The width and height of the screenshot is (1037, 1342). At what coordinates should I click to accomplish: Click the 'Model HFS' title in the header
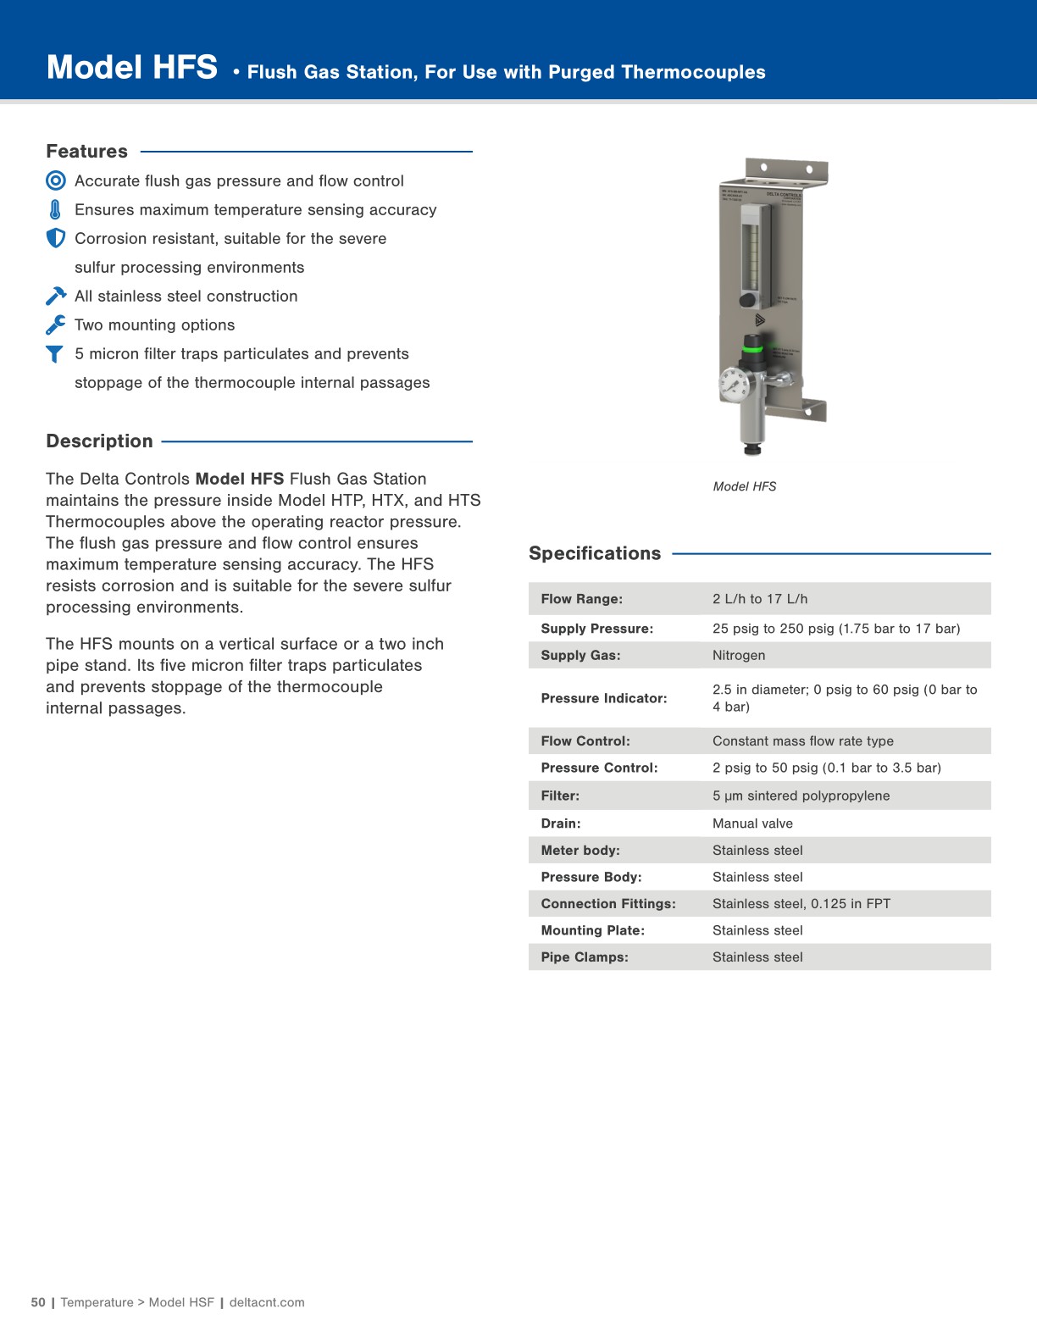tap(132, 68)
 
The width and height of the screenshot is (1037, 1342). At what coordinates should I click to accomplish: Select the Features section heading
tap(86, 152)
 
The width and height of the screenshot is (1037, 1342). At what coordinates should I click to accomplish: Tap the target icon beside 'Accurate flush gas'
tap(56, 180)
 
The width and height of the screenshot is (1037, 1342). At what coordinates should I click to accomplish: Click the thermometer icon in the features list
tap(56, 209)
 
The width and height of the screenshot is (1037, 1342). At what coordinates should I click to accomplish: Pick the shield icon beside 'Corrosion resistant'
tap(56, 238)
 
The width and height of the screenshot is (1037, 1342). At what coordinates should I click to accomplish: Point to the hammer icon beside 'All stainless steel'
tap(56, 296)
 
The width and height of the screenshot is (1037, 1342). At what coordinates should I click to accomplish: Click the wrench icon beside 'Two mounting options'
tap(56, 324)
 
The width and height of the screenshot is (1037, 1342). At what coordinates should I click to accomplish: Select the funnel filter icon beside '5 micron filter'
tap(55, 354)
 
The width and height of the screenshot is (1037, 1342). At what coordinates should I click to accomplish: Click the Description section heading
tap(99, 441)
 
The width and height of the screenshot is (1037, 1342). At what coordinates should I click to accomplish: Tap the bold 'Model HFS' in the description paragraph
tap(239, 479)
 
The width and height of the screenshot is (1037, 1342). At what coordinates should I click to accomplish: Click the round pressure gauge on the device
tap(734, 384)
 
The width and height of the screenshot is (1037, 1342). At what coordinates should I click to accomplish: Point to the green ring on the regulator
tap(753, 346)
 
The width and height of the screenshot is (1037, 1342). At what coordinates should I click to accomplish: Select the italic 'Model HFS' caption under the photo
tap(745, 486)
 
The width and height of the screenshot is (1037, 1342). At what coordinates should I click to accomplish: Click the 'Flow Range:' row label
tap(581, 599)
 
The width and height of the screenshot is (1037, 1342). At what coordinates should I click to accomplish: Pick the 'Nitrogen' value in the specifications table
tap(739, 655)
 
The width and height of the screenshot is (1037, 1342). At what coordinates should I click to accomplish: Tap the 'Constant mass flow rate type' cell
tap(802, 741)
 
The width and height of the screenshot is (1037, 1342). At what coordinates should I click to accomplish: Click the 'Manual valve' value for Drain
tap(752, 823)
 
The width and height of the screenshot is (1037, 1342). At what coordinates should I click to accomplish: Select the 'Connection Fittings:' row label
tap(607, 904)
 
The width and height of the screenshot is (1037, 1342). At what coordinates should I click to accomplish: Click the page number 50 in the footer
tap(38, 1302)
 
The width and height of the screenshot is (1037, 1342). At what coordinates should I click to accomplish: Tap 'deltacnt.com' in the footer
tap(267, 1302)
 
